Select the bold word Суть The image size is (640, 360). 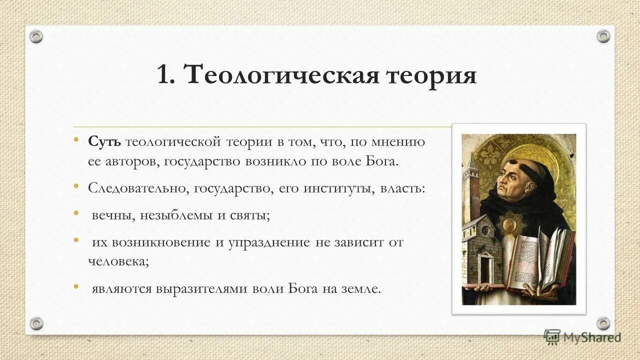tap(104, 142)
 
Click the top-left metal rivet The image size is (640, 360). tap(36, 36)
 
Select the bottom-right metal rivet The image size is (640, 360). tap(603, 323)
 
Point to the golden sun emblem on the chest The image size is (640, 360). tap(511, 223)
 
